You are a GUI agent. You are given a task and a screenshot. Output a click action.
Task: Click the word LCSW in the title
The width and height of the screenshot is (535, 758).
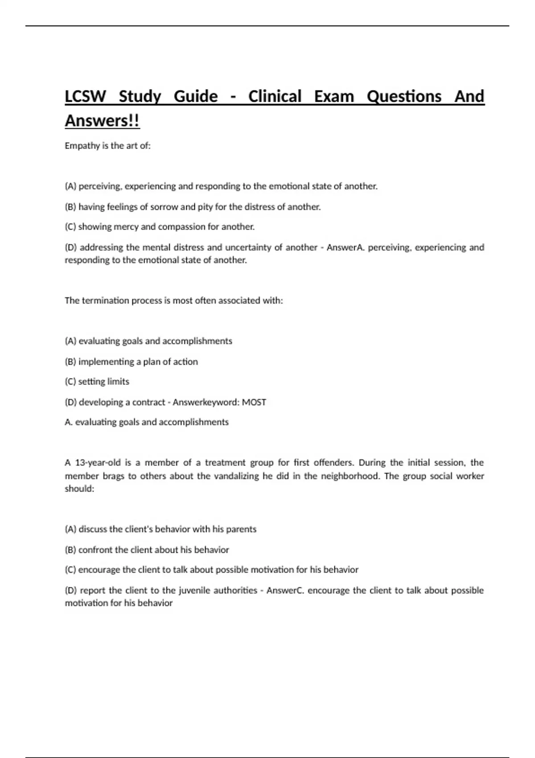tap(85, 96)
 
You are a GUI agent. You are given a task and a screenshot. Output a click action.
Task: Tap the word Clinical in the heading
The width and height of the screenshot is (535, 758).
tap(275, 96)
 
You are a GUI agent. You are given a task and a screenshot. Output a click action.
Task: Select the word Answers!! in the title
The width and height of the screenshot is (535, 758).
tap(102, 121)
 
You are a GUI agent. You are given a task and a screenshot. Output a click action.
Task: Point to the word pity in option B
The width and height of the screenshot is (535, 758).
tap(205, 207)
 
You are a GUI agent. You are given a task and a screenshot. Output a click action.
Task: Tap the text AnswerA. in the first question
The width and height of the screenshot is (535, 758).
tap(346, 247)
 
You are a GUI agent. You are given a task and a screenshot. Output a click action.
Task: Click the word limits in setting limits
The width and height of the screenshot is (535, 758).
tap(118, 382)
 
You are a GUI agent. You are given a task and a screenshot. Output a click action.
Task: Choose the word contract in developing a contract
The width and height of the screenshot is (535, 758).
tap(148, 402)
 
